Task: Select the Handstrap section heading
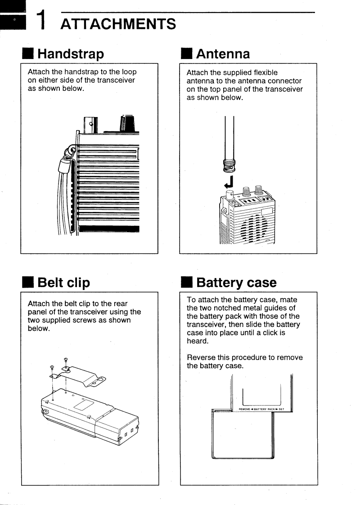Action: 77,54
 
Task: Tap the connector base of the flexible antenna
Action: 229,167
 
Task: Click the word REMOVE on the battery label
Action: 239,409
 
